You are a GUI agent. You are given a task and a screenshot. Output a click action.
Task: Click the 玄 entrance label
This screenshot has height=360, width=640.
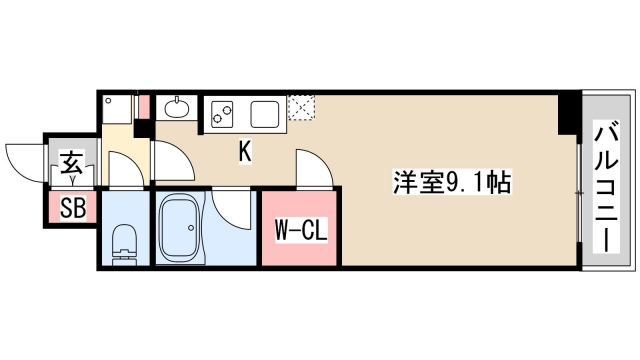(x=73, y=162)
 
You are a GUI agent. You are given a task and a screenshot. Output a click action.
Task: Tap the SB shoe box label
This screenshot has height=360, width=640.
(x=72, y=208)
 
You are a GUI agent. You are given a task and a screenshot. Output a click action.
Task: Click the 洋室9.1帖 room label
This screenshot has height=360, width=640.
(x=452, y=183)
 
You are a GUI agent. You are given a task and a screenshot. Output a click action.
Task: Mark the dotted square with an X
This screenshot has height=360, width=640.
(x=300, y=108)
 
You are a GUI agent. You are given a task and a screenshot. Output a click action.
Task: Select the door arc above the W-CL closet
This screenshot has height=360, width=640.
(x=310, y=167)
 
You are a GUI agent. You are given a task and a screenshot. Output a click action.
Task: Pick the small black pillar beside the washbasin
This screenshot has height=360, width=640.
(x=142, y=127)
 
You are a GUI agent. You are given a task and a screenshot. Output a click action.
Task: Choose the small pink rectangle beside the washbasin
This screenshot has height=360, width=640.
(x=144, y=104)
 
